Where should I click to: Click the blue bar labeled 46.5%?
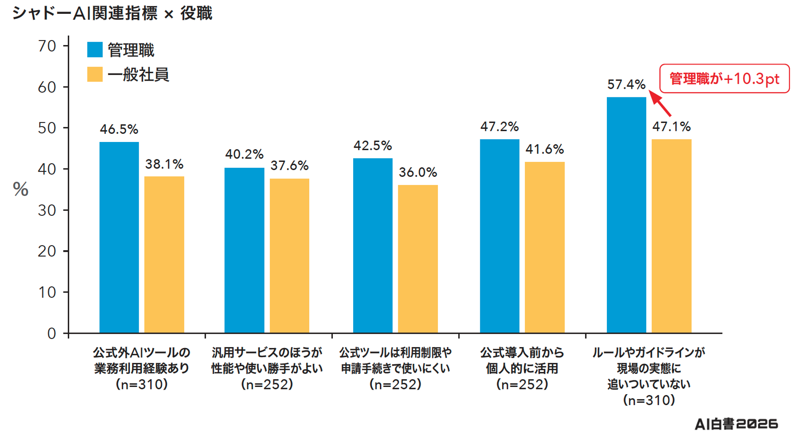coord(119,237)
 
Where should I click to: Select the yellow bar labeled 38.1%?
coord(164,255)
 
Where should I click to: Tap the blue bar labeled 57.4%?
coord(626,215)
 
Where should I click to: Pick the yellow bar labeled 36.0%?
coord(418,259)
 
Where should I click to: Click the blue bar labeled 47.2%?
coord(500,236)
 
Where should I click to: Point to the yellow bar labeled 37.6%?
coord(289,255)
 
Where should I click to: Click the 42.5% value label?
coord(373,146)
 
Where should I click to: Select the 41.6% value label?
coord(545,149)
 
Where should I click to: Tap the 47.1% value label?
coord(671,127)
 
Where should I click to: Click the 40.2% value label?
coord(244,154)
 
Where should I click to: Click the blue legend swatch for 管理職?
coord(95,49)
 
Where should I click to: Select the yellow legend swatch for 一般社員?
coord(95,74)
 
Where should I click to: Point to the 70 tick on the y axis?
coord(47,46)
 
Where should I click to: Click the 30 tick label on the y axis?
coord(47,210)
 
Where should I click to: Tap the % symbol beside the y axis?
coord(21,189)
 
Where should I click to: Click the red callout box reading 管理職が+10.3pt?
coord(725,79)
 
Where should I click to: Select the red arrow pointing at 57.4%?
coord(660,103)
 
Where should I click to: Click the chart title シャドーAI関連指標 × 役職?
coord(112,13)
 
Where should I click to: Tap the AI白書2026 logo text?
coord(736,424)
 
